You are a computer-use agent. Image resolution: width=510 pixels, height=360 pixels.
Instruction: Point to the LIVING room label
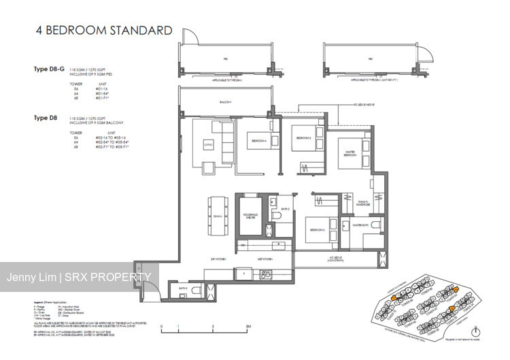click(x=207, y=143)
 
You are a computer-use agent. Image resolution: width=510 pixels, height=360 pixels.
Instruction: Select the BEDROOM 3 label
click(x=303, y=138)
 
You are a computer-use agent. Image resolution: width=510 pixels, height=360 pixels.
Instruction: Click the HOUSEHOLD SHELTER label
click(x=251, y=217)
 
